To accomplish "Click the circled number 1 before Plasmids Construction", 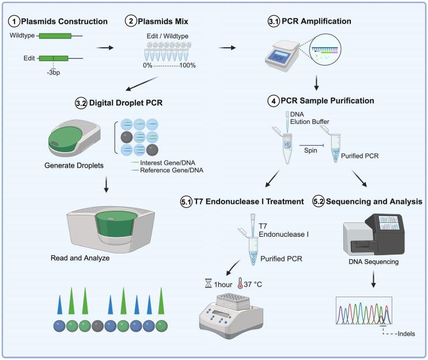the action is pyautogui.click(x=14, y=21).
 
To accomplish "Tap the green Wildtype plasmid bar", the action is pyautogui.click(x=55, y=36).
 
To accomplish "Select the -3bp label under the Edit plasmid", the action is pyautogui.click(x=53, y=73).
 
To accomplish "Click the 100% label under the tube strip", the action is pyautogui.click(x=188, y=65).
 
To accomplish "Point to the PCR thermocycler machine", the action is pyautogui.click(x=282, y=56).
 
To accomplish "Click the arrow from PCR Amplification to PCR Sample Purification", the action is pyautogui.click(x=316, y=82).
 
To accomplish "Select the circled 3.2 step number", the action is pyautogui.click(x=81, y=103).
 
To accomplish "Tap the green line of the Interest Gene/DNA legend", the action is pyautogui.click(x=135, y=162).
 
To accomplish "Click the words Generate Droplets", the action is pyautogui.click(x=74, y=165).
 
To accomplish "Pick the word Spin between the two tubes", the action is pyautogui.click(x=310, y=150).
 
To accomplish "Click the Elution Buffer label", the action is pyautogui.click(x=309, y=122).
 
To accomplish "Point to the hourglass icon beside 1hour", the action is pyautogui.click(x=209, y=283).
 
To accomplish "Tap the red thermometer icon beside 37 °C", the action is pyautogui.click(x=240, y=283).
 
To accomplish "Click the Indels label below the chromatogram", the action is pyautogui.click(x=406, y=334).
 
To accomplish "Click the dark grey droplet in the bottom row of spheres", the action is pyautogui.click(x=98, y=326).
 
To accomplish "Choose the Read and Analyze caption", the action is pyautogui.click(x=80, y=258).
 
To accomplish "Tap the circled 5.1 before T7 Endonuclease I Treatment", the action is pyautogui.click(x=187, y=202).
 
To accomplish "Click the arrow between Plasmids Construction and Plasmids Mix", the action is pyautogui.click(x=105, y=48).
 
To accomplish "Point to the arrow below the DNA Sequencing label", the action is pyautogui.click(x=373, y=279).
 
